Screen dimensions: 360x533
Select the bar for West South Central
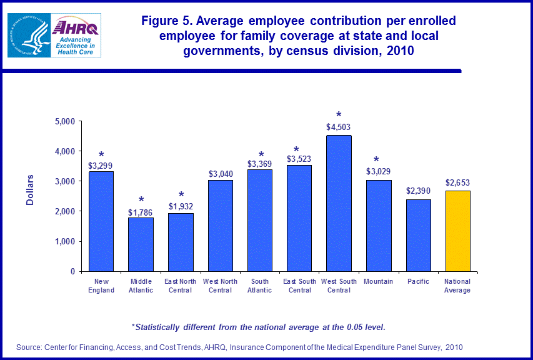[x=339, y=204]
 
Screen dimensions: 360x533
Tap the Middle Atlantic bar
[x=141, y=244]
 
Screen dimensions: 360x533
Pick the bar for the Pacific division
[x=418, y=236]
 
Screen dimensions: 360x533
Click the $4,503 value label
[x=339, y=127]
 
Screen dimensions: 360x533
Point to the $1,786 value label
[x=141, y=212]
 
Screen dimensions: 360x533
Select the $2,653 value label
[x=457, y=182]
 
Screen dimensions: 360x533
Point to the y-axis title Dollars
[x=29, y=190]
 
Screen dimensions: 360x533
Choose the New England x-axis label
[x=101, y=286]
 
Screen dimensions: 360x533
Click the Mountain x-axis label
[x=379, y=281]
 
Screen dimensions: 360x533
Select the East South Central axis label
[x=299, y=286]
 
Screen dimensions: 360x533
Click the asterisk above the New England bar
[x=101, y=155]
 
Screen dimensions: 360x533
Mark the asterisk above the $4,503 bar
[x=339, y=116]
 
